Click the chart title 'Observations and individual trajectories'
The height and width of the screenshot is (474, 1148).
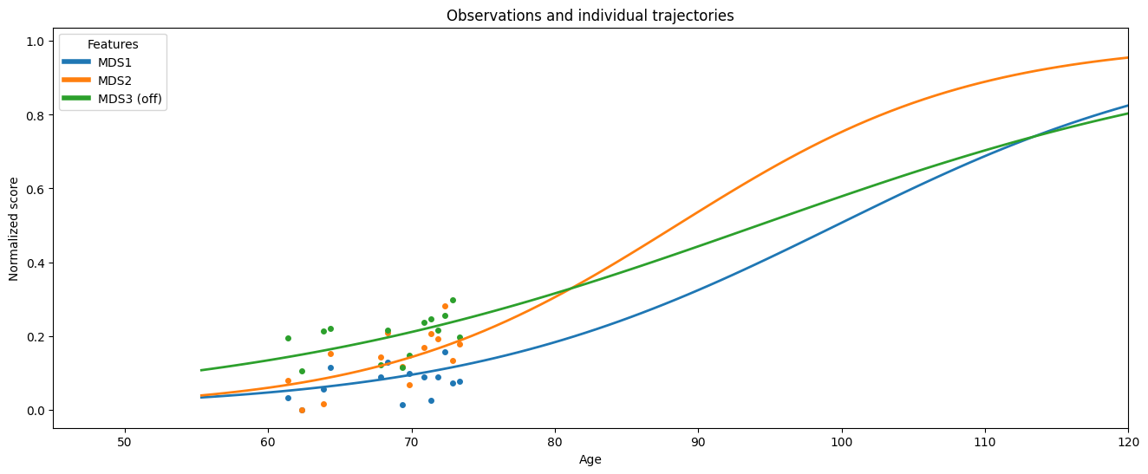(590, 16)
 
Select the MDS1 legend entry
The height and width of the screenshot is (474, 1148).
(97, 62)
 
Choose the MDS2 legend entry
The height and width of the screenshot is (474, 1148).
(97, 81)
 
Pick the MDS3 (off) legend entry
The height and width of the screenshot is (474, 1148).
(112, 99)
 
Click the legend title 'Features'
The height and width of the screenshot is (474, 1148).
(113, 44)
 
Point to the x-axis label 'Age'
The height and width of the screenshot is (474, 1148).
(590, 459)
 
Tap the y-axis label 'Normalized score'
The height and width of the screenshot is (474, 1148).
(14, 229)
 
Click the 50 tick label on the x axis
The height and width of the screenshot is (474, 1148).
(125, 442)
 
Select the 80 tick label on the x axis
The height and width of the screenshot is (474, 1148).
(555, 442)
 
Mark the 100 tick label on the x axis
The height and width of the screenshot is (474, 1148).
(842, 442)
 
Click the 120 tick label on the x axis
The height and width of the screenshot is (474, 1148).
(1128, 442)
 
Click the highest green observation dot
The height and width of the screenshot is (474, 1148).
(453, 301)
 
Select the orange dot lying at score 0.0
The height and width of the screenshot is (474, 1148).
(302, 411)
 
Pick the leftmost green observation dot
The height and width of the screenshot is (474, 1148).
(288, 338)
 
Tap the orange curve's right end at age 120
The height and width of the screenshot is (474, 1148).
(1127, 57)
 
